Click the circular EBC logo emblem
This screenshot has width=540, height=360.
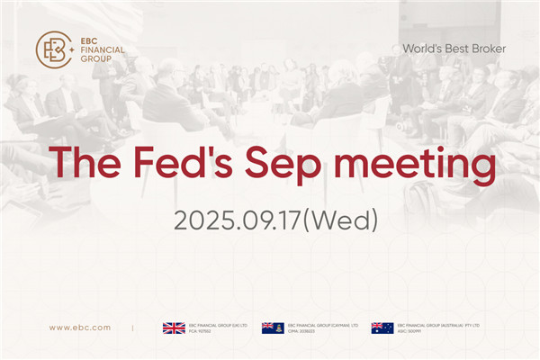(53, 50)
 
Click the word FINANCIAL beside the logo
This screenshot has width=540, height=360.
(102, 49)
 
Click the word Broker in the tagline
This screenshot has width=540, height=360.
(486, 48)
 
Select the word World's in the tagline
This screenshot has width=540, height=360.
(423, 48)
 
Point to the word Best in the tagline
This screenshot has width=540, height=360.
(454, 48)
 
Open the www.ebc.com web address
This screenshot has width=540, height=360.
(80, 328)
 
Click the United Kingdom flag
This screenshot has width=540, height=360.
(173, 328)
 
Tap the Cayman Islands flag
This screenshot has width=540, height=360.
(273, 328)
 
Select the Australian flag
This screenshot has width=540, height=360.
(382, 328)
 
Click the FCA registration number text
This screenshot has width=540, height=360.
(201, 331)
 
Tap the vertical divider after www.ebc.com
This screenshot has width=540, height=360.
(133, 328)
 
